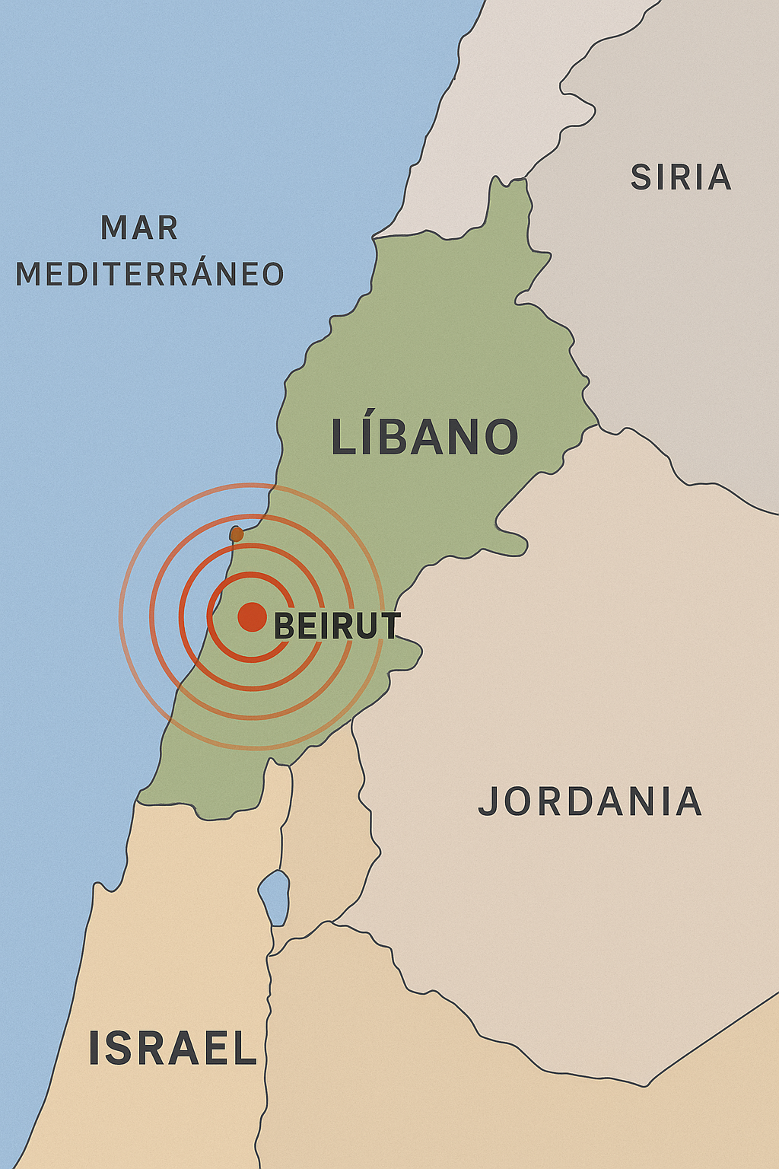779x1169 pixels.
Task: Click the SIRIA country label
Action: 681,177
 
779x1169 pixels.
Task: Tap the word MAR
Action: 139,228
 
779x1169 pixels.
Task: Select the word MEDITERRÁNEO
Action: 150,274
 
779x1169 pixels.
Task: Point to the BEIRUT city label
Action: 336,626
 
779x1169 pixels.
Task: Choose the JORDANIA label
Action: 590,801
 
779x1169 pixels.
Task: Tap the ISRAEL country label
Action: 173,1048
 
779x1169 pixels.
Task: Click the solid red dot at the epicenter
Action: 252,616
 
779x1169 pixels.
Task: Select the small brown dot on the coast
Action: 237,534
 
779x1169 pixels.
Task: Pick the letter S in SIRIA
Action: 641,177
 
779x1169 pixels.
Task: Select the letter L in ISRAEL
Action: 243,1048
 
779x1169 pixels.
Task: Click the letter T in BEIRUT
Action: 390,626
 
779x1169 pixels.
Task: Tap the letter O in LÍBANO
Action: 502,438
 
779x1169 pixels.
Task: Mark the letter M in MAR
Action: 115,228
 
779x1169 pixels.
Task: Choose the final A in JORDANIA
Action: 689,801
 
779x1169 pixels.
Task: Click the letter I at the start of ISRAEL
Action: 95,1048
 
